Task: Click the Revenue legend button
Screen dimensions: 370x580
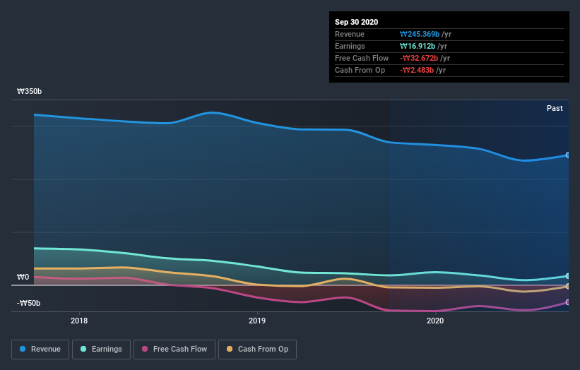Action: (x=40, y=349)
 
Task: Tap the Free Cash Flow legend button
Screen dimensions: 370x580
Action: (x=174, y=349)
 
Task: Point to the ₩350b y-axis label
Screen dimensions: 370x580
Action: (x=30, y=92)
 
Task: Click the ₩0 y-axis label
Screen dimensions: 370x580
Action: (x=23, y=277)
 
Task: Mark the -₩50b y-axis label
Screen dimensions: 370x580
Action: (x=29, y=304)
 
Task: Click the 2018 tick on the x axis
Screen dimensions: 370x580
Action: (x=80, y=320)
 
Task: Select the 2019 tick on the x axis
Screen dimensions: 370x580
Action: (x=257, y=320)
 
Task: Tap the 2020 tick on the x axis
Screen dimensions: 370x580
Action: (x=435, y=320)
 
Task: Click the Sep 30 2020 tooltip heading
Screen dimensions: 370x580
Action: (x=357, y=22)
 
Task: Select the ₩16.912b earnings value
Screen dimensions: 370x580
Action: (x=415, y=46)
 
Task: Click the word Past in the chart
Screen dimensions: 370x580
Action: (x=555, y=108)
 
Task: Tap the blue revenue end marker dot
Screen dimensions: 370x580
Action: (x=568, y=155)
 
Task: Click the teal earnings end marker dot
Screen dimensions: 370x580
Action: (x=568, y=276)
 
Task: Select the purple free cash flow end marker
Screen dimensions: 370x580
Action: (x=568, y=302)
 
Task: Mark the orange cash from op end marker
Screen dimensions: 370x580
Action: (x=568, y=286)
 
